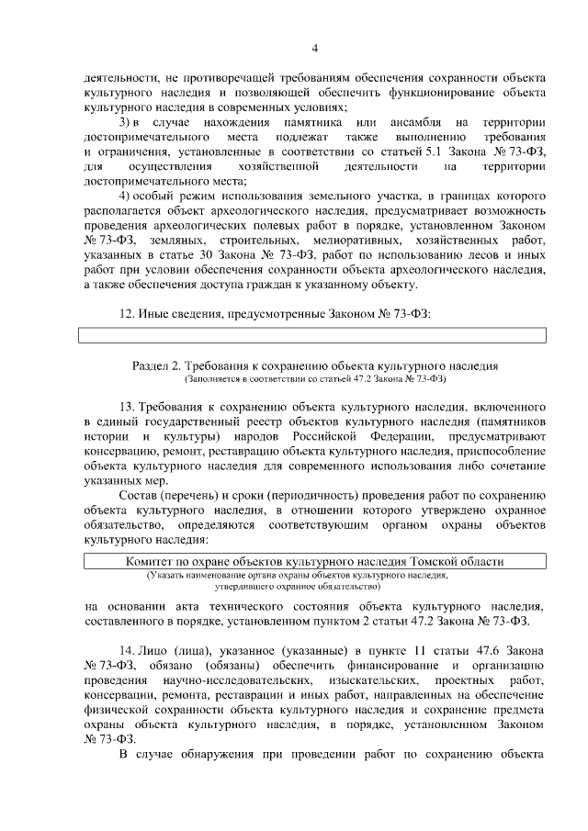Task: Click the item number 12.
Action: [x=129, y=314]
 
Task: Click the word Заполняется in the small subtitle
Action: [x=214, y=378]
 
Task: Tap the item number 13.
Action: [x=129, y=407]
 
